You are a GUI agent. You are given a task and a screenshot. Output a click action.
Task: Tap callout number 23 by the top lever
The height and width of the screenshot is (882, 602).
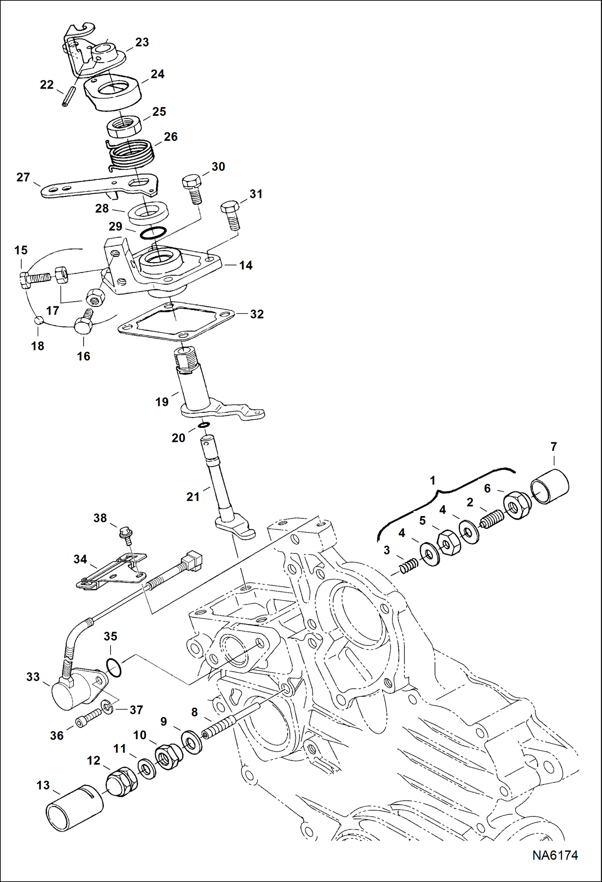pos(142,43)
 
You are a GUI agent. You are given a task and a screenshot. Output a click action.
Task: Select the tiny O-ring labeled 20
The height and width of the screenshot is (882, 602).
pos(204,425)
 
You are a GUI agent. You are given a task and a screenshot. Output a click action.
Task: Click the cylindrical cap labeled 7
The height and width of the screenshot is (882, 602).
pos(550,486)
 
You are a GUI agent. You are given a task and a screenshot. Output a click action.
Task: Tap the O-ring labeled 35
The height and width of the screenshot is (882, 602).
pos(114,667)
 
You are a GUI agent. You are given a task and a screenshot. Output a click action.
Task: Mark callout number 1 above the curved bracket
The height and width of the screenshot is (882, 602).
pos(432,480)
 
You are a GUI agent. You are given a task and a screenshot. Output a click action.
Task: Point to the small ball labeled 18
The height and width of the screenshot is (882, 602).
pos(38,320)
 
